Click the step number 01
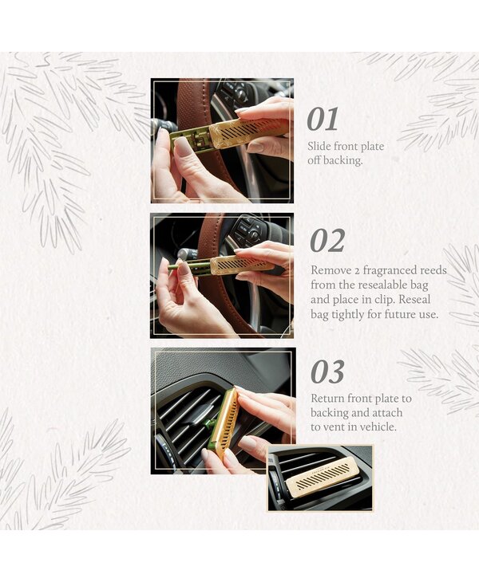tap(323, 119)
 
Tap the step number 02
tap(327, 241)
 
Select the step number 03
tap(327, 372)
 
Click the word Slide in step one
tap(319, 146)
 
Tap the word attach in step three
tap(387, 413)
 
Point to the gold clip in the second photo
tap(242, 264)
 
